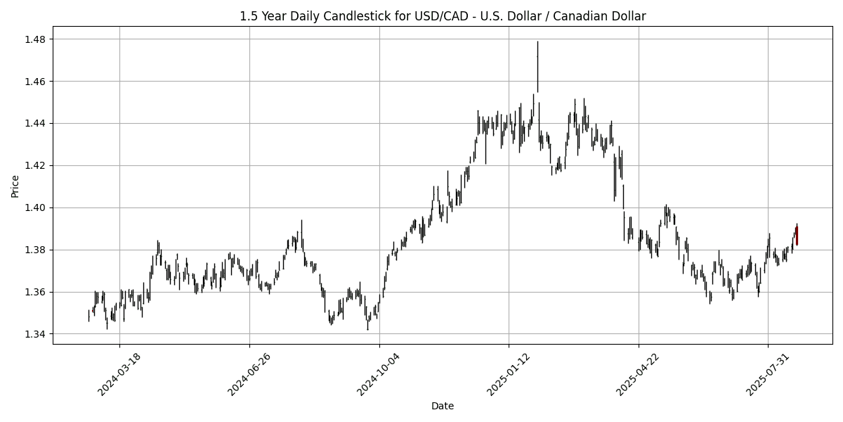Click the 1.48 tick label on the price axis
37,39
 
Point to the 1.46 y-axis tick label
37,82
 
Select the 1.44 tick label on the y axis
37,124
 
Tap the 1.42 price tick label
37,166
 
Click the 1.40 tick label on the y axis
37,208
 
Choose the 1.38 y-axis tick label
37,250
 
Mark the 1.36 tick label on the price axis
37,292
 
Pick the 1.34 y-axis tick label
37,334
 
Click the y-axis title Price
15,186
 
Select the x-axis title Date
443,406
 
